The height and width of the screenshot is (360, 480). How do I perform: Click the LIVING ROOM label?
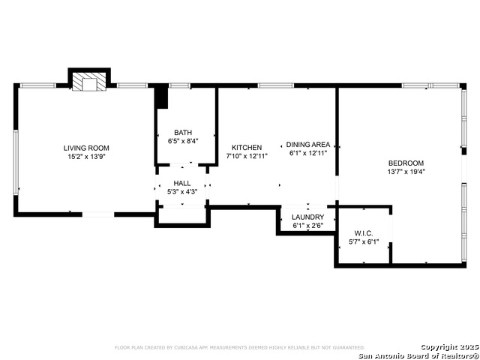(x=86, y=148)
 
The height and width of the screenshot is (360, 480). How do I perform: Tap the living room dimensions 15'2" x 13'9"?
(x=86, y=157)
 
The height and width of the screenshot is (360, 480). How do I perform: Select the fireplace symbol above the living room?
(x=90, y=82)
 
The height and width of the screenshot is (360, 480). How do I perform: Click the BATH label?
(x=183, y=132)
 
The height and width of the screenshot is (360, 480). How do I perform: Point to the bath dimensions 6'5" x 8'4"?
(x=183, y=141)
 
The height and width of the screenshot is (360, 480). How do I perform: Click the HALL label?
(x=182, y=183)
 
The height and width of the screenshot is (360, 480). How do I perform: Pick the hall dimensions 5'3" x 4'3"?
(x=182, y=192)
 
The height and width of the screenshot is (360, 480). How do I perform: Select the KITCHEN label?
(x=247, y=147)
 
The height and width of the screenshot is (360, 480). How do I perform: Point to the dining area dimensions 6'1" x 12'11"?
(x=308, y=153)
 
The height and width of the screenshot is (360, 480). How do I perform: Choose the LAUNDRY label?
(x=307, y=217)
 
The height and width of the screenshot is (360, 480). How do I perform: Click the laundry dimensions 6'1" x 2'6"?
(x=307, y=225)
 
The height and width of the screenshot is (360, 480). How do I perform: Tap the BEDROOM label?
(x=406, y=163)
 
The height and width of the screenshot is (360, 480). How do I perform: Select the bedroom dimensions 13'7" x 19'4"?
(x=406, y=172)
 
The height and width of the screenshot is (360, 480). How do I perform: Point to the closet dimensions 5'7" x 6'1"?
(x=364, y=242)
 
